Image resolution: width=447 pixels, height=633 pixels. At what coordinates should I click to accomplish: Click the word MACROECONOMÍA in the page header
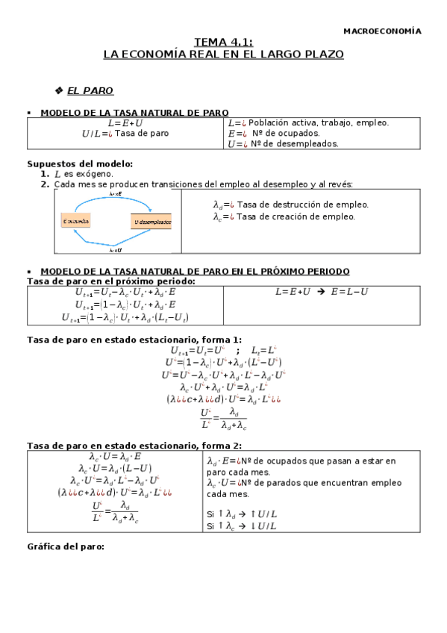[381, 31]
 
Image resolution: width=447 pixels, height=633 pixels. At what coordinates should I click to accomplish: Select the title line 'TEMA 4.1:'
[223, 43]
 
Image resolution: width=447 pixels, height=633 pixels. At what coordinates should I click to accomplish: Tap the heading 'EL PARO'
[90, 91]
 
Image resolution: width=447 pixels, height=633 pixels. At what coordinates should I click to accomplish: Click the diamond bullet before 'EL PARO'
[59, 91]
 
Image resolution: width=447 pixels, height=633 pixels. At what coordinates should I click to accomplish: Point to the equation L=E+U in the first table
[125, 122]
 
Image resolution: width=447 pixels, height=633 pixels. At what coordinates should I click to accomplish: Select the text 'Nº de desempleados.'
[294, 143]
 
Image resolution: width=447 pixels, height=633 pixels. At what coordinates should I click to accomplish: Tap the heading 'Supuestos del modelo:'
[80, 163]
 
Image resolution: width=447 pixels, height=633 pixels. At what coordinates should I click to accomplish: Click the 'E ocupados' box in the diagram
[75, 222]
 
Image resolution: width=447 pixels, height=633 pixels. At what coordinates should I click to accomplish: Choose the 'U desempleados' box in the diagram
[151, 222]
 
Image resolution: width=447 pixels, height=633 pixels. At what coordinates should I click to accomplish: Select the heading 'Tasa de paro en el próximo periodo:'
[111, 281]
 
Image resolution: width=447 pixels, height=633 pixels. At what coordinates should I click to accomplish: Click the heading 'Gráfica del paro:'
[65, 546]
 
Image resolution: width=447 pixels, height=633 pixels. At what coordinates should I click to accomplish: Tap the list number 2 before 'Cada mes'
[46, 184]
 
